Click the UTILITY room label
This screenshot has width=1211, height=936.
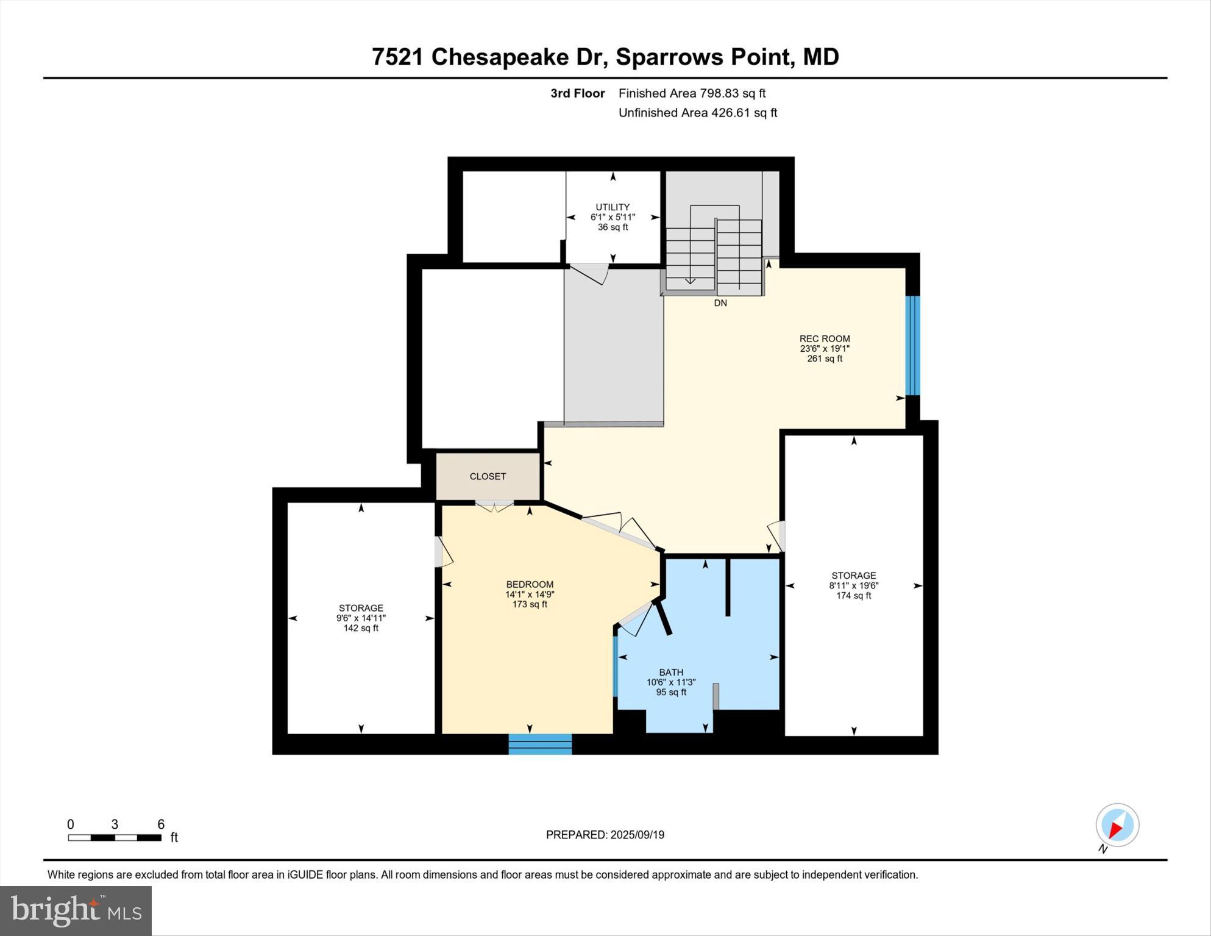pyautogui.click(x=613, y=207)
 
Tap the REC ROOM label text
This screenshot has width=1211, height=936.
pyautogui.click(x=825, y=338)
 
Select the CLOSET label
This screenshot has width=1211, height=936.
pyautogui.click(x=488, y=476)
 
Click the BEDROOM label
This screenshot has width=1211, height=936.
pyautogui.click(x=530, y=584)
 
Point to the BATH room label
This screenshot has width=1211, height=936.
pyautogui.click(x=671, y=672)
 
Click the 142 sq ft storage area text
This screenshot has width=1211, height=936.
pyautogui.click(x=361, y=628)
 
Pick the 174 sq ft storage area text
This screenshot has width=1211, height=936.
pyautogui.click(x=853, y=596)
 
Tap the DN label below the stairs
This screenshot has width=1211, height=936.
pyautogui.click(x=720, y=303)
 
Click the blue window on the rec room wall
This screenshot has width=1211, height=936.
pyautogui.click(x=912, y=345)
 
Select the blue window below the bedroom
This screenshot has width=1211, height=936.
pyautogui.click(x=540, y=744)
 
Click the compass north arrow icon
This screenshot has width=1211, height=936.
pyautogui.click(x=1117, y=826)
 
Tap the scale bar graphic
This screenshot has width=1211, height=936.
pyautogui.click(x=115, y=838)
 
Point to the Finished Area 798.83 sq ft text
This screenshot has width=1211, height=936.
pyautogui.click(x=692, y=93)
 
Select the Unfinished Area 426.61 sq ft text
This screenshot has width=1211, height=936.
pyautogui.click(x=697, y=113)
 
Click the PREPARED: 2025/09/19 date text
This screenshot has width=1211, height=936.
pyautogui.click(x=605, y=835)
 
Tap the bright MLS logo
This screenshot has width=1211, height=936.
pyautogui.click(x=76, y=910)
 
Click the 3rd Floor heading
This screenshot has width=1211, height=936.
pyautogui.click(x=577, y=93)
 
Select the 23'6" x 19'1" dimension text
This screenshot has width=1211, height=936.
pyautogui.click(x=825, y=349)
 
